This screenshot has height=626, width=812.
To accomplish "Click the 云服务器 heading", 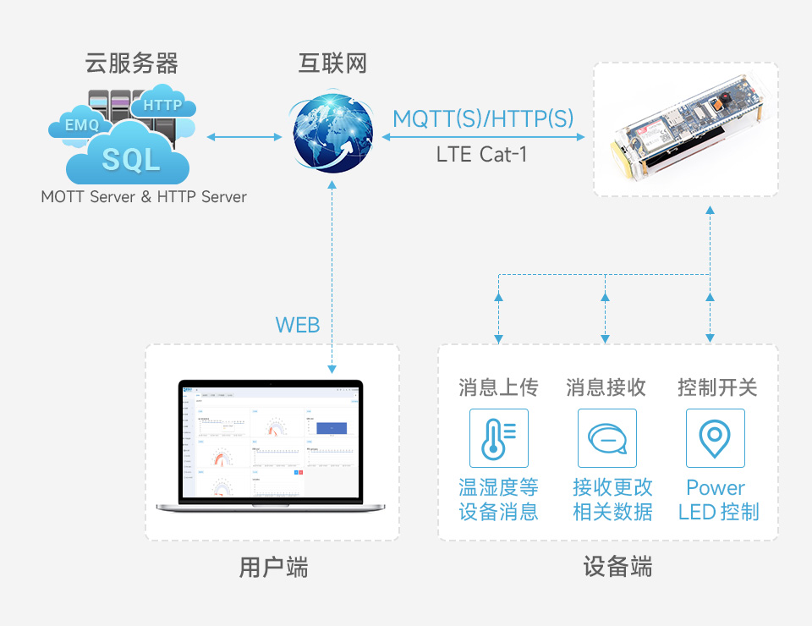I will (x=132, y=63).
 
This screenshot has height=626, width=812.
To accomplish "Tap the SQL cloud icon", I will (x=130, y=158).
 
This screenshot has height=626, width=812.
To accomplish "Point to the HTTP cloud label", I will (x=162, y=105).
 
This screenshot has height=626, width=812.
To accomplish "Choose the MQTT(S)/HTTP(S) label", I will (x=483, y=118).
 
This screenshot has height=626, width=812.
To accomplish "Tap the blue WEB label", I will (x=298, y=325).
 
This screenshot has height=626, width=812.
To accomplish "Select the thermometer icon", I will (x=498, y=438).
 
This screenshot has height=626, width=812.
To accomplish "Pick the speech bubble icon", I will (x=606, y=438).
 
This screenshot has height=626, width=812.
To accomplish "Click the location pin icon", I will (x=716, y=438).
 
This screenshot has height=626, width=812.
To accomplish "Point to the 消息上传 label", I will (x=498, y=387).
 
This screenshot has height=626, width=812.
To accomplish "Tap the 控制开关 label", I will (x=717, y=387).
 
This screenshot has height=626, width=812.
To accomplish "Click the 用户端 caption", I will (x=272, y=567).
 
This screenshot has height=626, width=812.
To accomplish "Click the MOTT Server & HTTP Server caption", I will (x=144, y=197).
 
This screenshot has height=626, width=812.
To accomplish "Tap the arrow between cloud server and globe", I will (x=244, y=135).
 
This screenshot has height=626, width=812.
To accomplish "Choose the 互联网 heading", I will (x=332, y=63).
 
